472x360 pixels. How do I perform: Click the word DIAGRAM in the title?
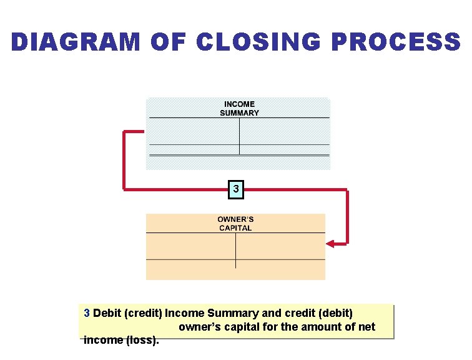76,42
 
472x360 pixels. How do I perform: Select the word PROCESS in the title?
396,42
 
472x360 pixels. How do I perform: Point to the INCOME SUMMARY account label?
239,109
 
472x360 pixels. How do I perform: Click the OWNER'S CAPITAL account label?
235,224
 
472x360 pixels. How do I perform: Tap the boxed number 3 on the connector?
235,189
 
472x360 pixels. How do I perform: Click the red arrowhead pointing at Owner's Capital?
330,244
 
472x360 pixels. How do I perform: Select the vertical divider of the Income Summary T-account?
239,136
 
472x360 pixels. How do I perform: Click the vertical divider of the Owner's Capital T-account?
235,250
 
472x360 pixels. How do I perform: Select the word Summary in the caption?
232,313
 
